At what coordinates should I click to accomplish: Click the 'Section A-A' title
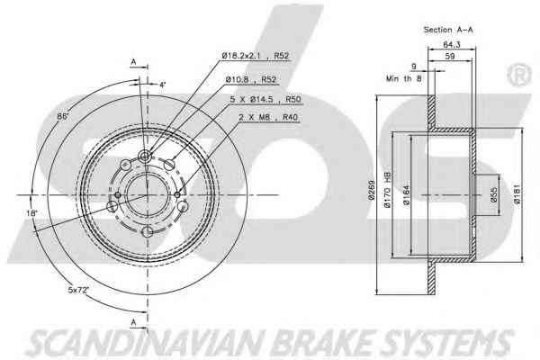point(448,30)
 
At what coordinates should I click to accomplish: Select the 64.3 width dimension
point(452,44)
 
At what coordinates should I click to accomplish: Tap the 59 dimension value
point(450,56)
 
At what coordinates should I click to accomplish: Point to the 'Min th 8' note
point(403,78)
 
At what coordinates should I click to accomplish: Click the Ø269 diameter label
point(371,191)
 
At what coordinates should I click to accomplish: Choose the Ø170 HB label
point(387,189)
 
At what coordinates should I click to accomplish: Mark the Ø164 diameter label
point(407,195)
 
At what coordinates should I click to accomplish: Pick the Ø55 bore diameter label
point(493,194)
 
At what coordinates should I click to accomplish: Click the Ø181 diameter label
point(517,194)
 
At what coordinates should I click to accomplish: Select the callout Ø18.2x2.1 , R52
point(256,56)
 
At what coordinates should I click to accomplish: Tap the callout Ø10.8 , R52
point(251,79)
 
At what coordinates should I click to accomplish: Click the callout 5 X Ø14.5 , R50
point(265,99)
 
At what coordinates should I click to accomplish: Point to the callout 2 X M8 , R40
point(268,117)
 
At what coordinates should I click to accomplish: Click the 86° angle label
point(63,116)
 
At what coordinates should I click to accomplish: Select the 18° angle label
point(31,213)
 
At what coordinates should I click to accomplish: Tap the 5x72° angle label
point(78,290)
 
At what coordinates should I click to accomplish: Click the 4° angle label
point(162,85)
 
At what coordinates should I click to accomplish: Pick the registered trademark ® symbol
point(519,75)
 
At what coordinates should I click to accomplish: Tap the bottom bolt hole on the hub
point(148,232)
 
